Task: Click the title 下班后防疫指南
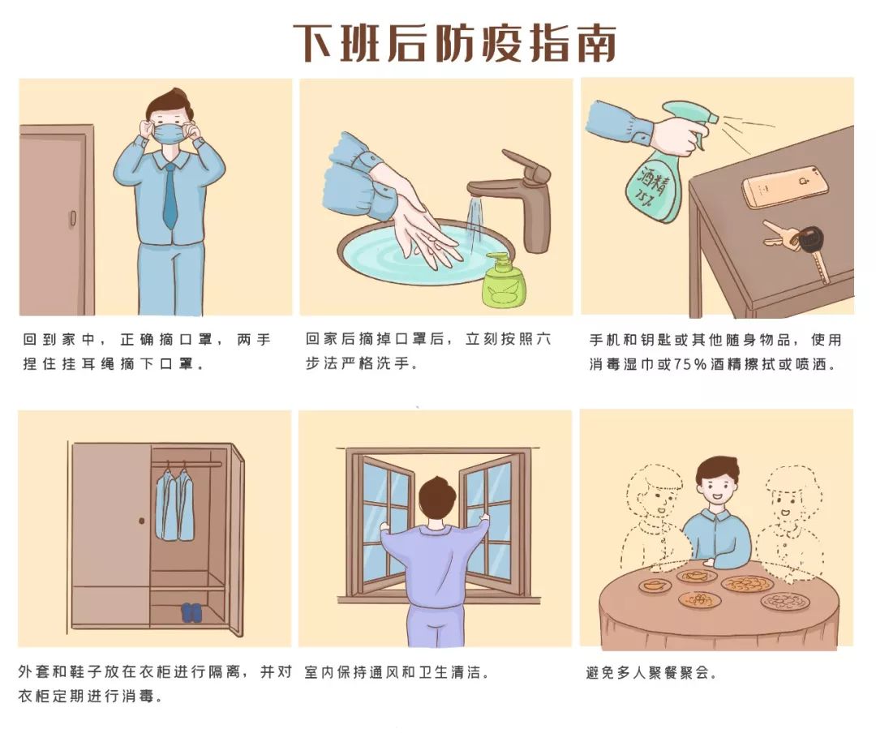[x=454, y=43]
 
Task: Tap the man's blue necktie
[x=170, y=197]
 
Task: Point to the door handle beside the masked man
[x=73, y=218]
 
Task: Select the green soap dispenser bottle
[x=504, y=281]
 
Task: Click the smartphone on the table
[x=785, y=186]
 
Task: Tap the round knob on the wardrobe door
[x=142, y=521]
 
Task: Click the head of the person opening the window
[x=438, y=497]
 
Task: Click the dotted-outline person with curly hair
[x=789, y=520]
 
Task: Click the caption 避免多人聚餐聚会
[x=651, y=672]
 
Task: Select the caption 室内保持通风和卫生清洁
[x=397, y=672]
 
